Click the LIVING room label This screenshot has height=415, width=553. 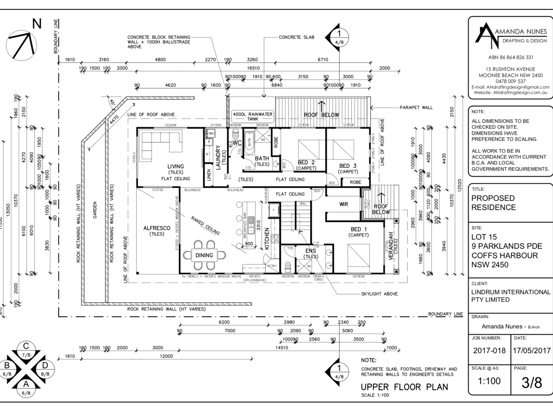176,166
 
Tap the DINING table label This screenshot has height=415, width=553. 204,255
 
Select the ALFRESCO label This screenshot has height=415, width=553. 157,228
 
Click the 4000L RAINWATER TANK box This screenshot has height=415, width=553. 252,116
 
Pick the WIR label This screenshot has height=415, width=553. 344,204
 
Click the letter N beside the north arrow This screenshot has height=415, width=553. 37,24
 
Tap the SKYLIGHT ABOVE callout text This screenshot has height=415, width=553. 379,294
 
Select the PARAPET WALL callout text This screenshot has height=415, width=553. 416,108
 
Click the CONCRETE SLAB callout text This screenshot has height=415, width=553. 297,37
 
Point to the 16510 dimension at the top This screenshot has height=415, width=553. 253,68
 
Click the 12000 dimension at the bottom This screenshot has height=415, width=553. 166,356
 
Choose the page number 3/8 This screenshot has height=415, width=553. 532,383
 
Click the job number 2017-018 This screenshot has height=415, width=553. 489,350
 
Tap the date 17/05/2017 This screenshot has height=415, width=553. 532,350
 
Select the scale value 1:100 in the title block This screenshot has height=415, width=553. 489,381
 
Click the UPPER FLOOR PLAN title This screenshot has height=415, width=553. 404,387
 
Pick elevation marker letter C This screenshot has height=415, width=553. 26,346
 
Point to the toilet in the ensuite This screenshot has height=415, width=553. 288,267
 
